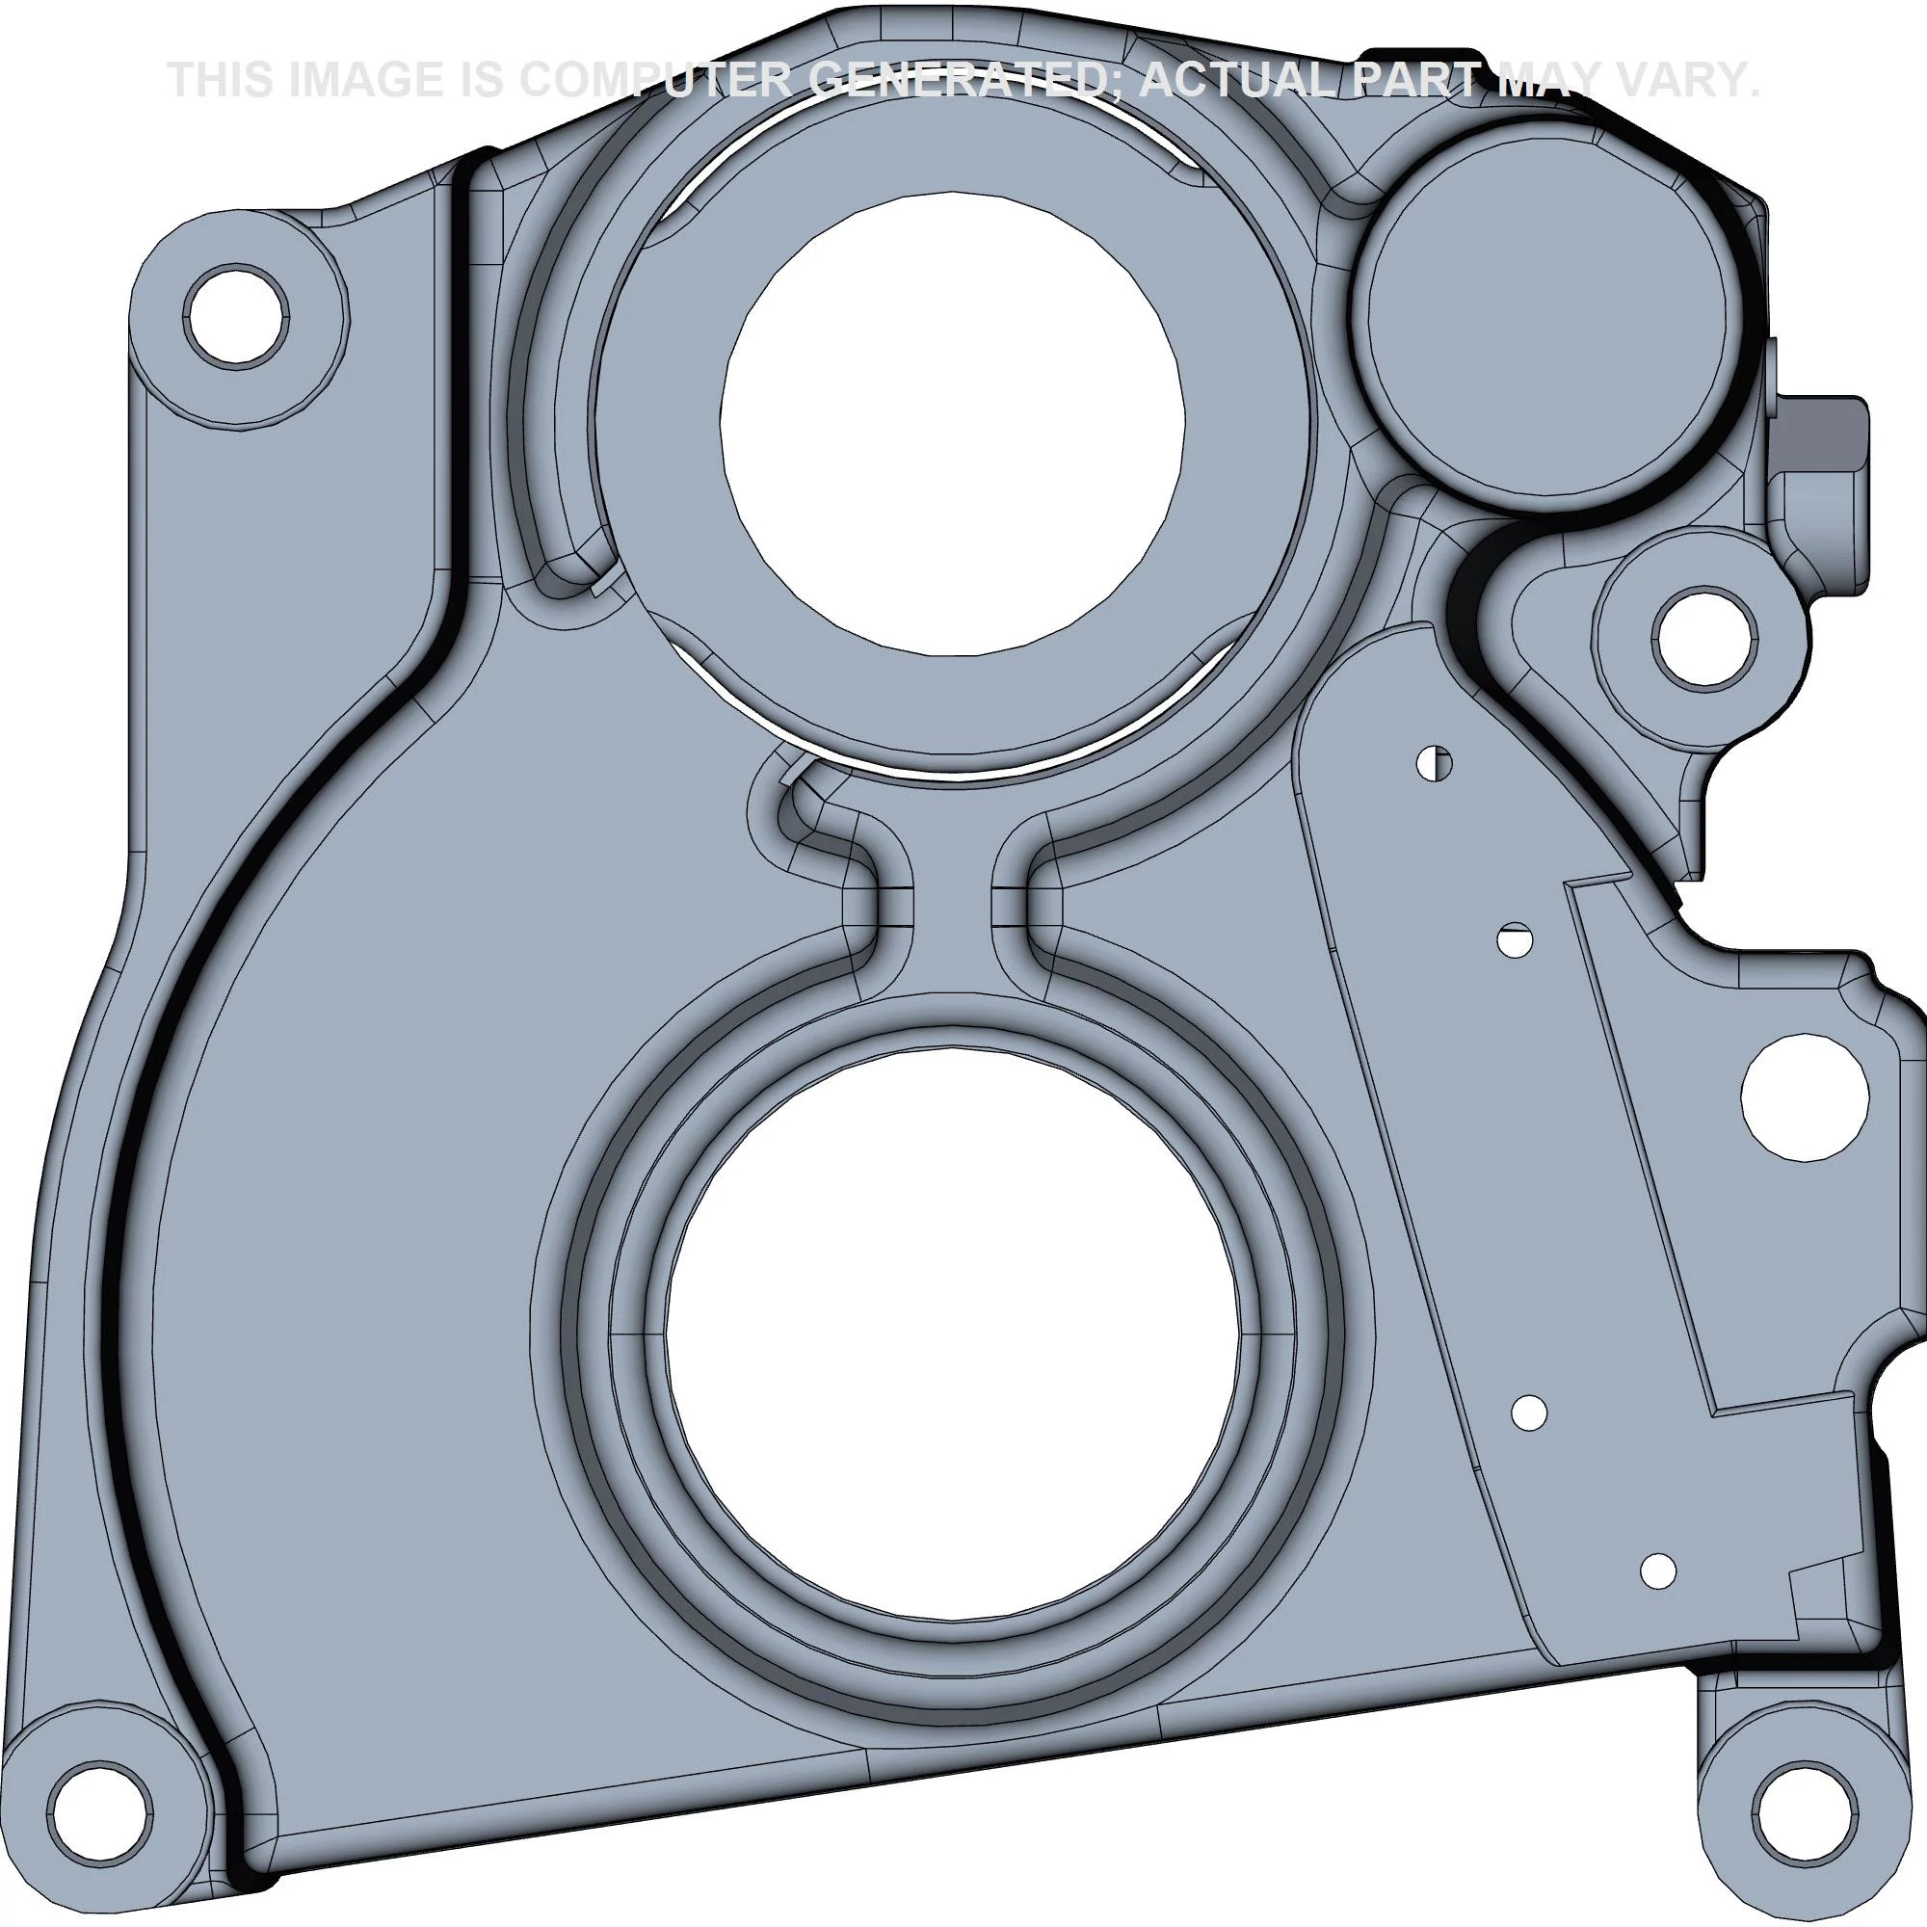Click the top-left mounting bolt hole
[236, 315]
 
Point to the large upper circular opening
[953, 423]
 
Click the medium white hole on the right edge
[1805, 1097]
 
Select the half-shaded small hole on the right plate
[1435, 763]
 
